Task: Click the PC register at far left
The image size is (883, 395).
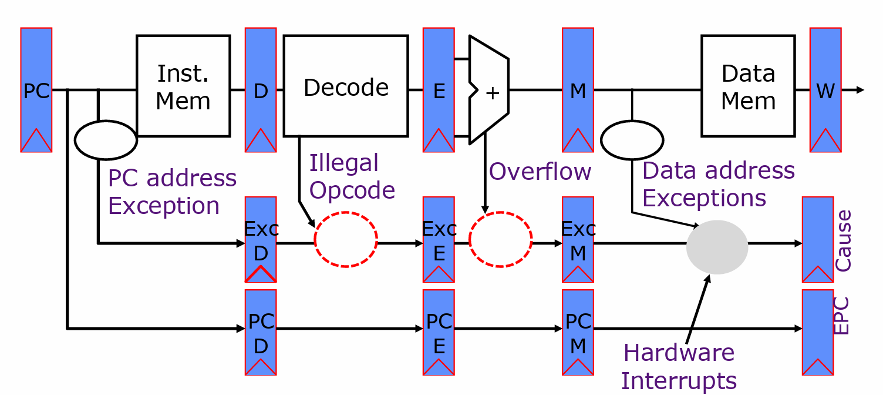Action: pos(36,90)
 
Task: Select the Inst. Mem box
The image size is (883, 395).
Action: pos(183,86)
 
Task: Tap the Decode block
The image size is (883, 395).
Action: pos(346,86)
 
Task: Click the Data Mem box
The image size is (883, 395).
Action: pos(748,86)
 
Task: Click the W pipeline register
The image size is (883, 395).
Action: pos(825,90)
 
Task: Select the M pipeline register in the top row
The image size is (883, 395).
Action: pos(578,90)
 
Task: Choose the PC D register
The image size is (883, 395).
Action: pos(261,332)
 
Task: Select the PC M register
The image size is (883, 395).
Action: pos(578,332)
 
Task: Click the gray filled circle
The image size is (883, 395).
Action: pos(717,247)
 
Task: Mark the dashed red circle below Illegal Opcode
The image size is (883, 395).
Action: pos(346,240)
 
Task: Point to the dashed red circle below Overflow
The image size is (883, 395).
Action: pos(500,240)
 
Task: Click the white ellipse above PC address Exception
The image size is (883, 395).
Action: pos(106,140)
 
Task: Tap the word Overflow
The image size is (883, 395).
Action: pos(540,172)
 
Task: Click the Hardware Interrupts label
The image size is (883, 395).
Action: pos(679,367)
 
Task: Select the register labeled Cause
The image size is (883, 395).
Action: pos(817,239)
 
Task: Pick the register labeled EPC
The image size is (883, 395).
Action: pos(817,332)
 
